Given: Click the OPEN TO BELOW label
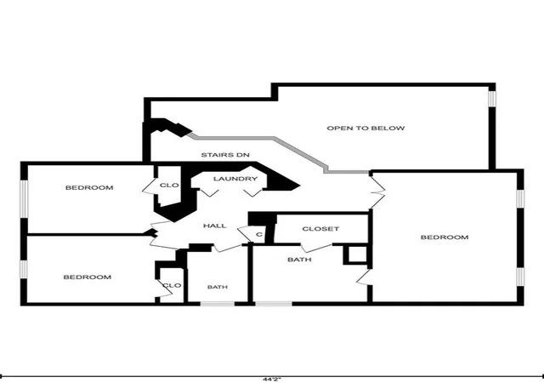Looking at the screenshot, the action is [365, 128].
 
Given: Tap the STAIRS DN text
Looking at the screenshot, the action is [225, 155].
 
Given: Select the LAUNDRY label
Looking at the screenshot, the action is [235, 179].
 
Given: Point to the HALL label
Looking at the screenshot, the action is [215, 226].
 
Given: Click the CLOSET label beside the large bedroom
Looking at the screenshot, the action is [320, 229].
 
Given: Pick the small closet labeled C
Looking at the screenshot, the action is [259, 235].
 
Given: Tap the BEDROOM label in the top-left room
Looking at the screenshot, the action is [89, 188].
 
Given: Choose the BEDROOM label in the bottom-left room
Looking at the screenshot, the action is [88, 277].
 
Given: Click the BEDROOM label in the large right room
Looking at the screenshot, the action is [445, 237].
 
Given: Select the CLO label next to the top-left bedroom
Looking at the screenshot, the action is [169, 186].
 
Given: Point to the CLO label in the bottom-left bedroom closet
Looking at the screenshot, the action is [172, 285].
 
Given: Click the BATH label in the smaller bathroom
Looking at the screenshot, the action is [218, 287].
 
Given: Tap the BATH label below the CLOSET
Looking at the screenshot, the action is [299, 260].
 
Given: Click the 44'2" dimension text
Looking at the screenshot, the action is [272, 380].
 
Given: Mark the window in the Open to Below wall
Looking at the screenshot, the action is [492, 99].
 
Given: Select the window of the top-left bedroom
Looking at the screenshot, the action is [24, 198].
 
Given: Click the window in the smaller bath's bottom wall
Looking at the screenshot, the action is [218, 304].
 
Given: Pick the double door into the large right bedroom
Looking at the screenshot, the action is [377, 191].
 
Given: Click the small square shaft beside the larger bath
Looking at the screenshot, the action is [356, 255].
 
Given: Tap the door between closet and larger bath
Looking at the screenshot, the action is [316, 247].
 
